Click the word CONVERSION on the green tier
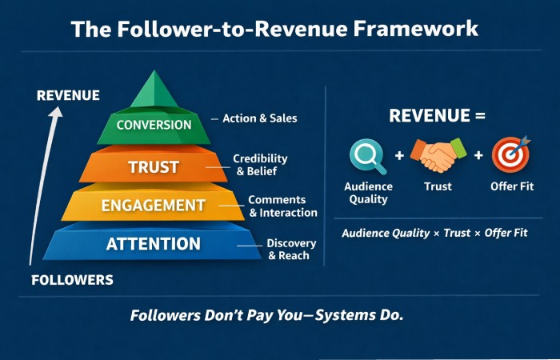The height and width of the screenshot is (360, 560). [x=154, y=125]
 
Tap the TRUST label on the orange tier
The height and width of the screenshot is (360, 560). [x=154, y=168]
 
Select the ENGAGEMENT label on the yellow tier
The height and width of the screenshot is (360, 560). [x=154, y=206]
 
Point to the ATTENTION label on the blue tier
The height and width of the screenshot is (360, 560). [x=154, y=244]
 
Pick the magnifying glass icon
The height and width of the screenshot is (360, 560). [x=367, y=156]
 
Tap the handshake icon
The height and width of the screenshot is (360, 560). [x=438, y=154]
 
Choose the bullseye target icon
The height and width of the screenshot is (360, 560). [x=510, y=155]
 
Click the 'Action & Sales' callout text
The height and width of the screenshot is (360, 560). [x=259, y=118]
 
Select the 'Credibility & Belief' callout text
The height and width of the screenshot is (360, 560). [x=260, y=165]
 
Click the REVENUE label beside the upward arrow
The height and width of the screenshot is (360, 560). [x=68, y=95]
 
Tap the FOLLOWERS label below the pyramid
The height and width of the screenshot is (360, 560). [x=72, y=280]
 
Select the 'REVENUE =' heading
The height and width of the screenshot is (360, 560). [x=437, y=115]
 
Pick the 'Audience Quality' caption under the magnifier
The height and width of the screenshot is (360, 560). [x=368, y=193]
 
